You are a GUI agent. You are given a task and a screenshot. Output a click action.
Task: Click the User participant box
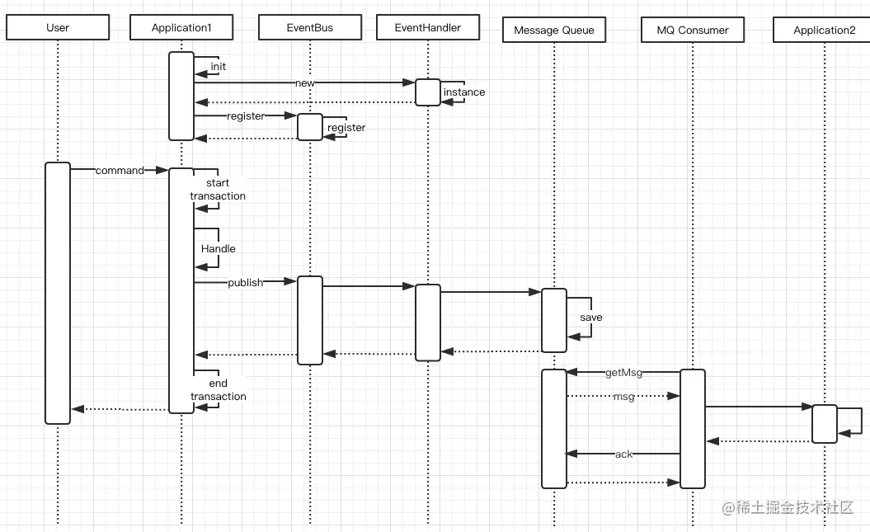(58, 27)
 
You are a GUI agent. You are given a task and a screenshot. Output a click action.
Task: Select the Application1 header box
(181, 27)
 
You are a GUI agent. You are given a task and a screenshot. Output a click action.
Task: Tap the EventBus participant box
(310, 27)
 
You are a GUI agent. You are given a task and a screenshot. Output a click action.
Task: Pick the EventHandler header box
(428, 27)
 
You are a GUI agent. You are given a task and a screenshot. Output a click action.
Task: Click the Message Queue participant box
(554, 30)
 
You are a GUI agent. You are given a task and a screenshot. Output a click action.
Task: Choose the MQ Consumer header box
(693, 30)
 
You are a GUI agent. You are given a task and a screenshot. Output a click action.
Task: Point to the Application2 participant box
(823, 30)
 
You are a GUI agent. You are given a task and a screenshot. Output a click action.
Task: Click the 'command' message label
(120, 170)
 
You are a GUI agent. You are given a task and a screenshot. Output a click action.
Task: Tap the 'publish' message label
(245, 282)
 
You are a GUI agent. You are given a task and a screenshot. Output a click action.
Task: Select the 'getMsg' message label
(623, 372)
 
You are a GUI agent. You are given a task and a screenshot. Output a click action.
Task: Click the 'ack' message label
(623, 454)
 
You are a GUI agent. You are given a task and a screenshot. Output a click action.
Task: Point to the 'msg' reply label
(623, 396)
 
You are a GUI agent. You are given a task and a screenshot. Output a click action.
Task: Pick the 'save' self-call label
(591, 318)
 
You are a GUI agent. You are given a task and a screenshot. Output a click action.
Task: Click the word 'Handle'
(218, 248)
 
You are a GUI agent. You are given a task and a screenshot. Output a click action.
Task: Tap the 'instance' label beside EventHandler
(463, 92)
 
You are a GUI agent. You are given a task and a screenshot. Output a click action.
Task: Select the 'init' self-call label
(218, 67)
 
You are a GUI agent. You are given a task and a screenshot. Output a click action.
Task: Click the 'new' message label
(304, 82)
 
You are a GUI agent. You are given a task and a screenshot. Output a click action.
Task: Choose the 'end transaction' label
(218, 389)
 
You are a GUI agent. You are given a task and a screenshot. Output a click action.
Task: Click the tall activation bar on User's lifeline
(58, 293)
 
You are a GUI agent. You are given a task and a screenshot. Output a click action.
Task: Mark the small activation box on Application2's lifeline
(825, 424)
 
